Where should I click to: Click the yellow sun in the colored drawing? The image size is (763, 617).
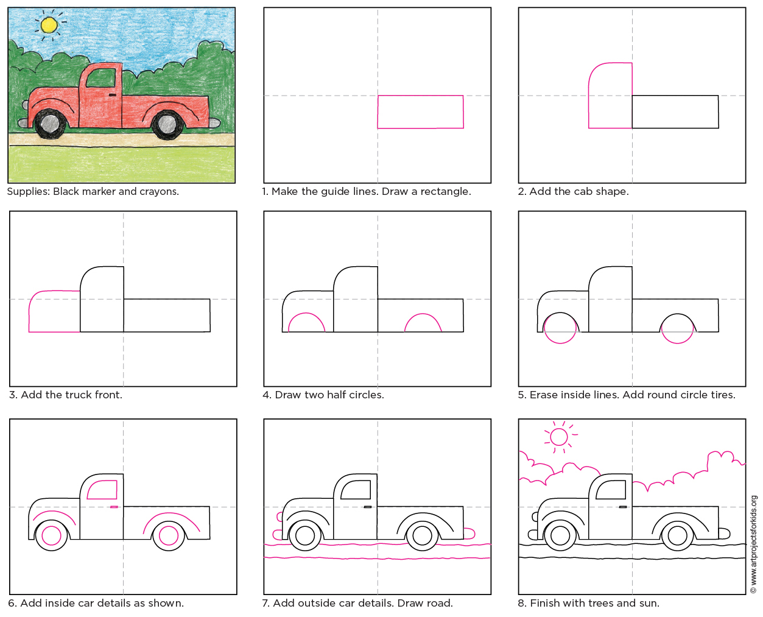coord(49,25)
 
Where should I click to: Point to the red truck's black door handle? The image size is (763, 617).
coord(113,96)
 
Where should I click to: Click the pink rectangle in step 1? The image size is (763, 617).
coord(420,112)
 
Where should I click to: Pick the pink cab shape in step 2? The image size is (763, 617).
coord(610,96)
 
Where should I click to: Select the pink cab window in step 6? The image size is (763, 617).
coord(102,490)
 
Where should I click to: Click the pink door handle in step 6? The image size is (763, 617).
coord(114,507)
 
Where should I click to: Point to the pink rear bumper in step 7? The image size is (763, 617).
coord(468,534)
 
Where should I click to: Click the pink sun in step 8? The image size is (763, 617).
coord(558,437)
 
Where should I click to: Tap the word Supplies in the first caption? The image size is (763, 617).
coord(28,192)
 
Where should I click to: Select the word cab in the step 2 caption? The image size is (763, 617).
coord(583,192)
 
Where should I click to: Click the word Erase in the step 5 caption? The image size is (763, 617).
coord(543,395)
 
